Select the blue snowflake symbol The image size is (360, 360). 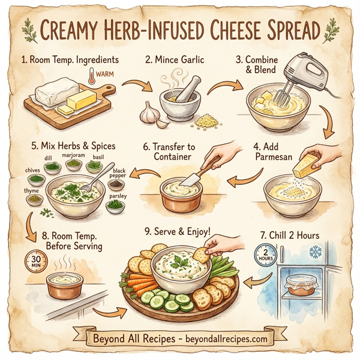click(314, 249)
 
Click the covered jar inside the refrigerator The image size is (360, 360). click(303, 285)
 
